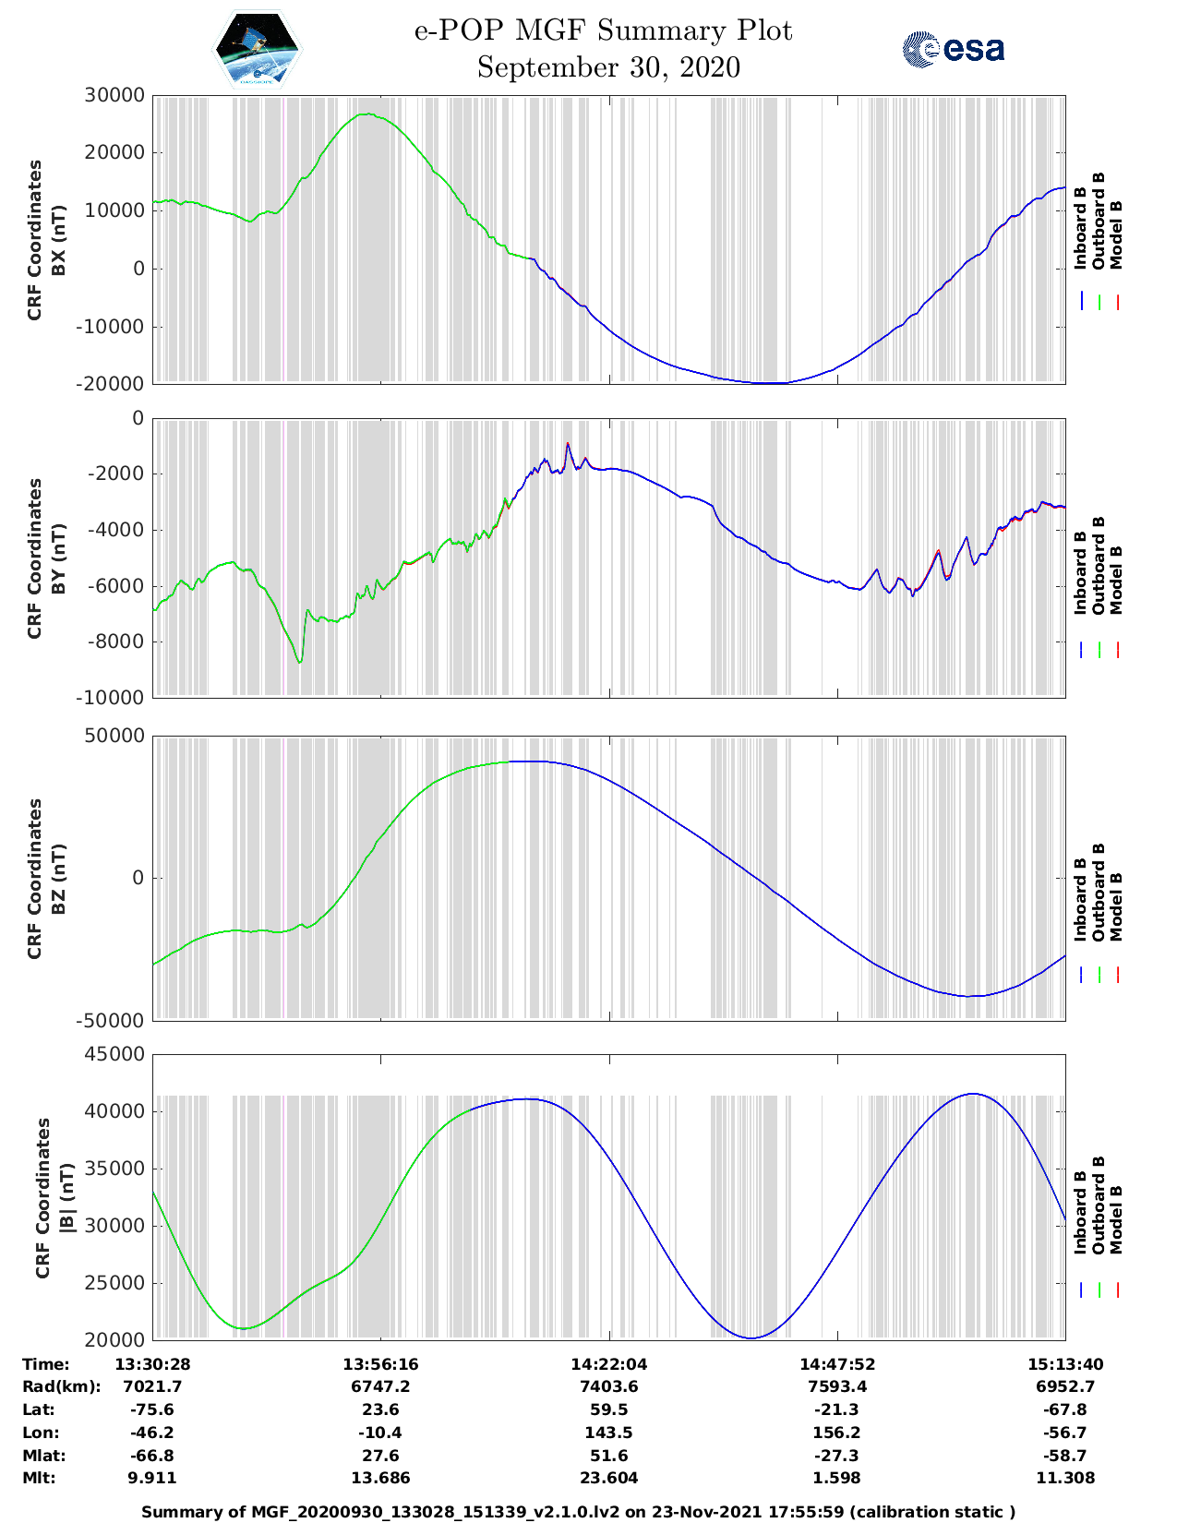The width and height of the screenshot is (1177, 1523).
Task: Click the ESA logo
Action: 953,49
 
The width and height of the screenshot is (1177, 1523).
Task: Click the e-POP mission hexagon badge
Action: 258,49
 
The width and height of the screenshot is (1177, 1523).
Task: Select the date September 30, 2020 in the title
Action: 608,67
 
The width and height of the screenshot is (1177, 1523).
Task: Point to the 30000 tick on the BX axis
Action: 114,95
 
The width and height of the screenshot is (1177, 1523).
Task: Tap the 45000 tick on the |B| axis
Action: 114,1054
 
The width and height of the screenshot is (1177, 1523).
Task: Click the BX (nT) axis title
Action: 58,240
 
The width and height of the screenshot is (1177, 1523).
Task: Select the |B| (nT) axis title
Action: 66,1197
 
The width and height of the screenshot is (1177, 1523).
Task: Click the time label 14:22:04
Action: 608,1364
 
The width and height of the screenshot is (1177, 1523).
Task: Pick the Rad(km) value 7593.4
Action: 836,1386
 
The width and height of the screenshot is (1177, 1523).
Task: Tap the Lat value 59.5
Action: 608,1409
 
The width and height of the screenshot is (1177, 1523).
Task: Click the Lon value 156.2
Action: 836,1433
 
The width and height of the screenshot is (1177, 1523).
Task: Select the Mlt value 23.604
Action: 608,1478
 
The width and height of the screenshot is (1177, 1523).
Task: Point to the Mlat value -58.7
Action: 1064,1456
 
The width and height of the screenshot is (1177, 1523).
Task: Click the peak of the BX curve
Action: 367,114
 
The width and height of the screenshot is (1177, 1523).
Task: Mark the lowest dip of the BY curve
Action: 300,662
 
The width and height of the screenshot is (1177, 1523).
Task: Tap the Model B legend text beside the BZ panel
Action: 1116,906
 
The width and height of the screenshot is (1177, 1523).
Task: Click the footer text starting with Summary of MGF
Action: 578,1512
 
